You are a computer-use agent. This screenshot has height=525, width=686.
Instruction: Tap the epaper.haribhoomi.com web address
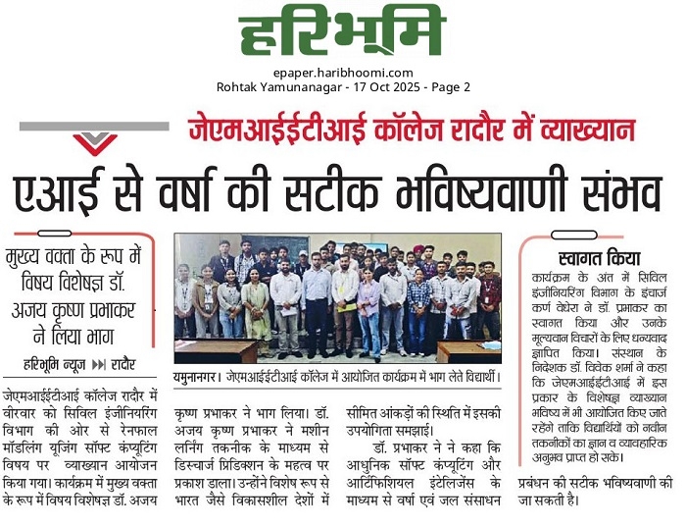342,73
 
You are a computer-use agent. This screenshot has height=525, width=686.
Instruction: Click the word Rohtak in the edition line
238,87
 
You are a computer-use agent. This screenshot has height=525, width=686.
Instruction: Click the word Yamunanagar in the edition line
300,87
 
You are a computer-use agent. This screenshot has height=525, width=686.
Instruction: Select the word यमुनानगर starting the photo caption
198,375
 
